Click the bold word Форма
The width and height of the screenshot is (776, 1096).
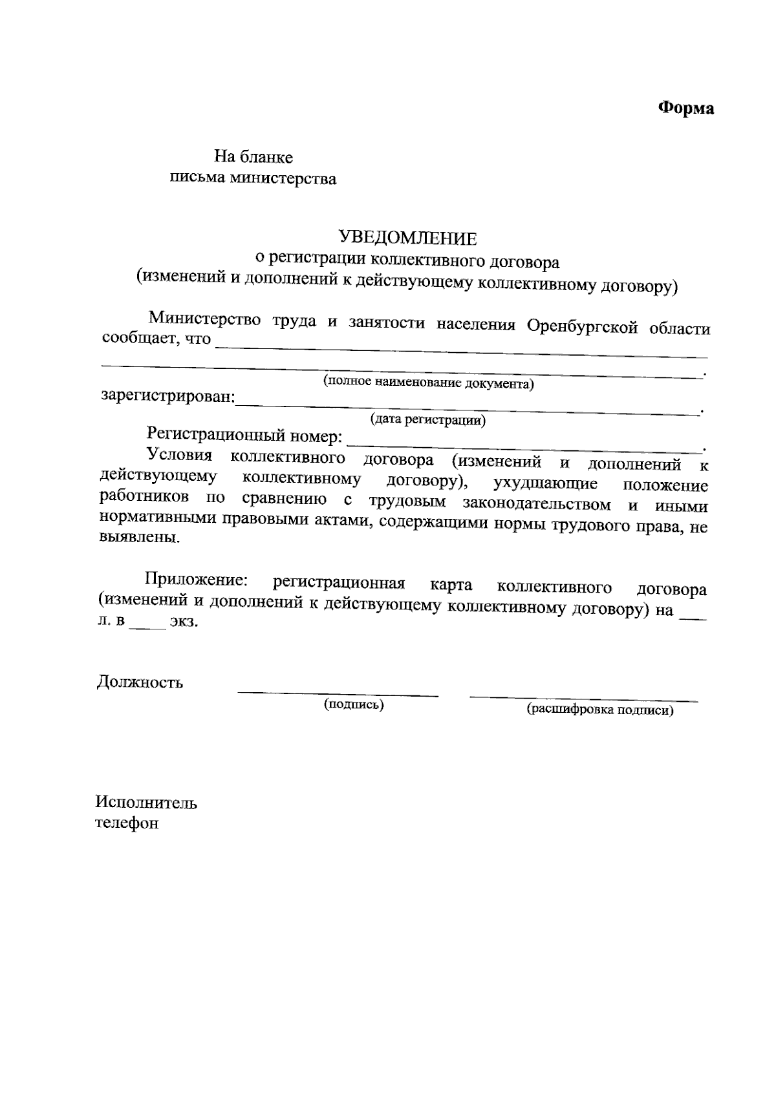[685, 108]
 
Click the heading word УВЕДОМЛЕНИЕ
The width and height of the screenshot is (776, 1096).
[408, 238]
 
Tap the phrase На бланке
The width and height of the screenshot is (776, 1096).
[253, 157]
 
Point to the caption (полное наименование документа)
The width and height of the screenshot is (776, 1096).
[429, 383]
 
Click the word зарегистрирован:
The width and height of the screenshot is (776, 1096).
[168, 396]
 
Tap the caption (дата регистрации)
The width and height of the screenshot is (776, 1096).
[427, 420]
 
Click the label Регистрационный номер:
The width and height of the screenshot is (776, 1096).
[244, 436]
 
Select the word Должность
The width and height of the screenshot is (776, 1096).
[140, 682]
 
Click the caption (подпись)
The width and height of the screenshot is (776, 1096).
[354, 705]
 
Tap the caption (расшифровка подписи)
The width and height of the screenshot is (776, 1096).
[600, 711]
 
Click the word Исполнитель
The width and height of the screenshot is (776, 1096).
[146, 803]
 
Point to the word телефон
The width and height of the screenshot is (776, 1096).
[127, 824]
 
